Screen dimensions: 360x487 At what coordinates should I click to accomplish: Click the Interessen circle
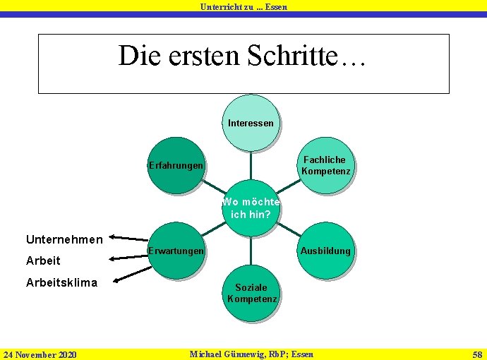(x=251, y=123)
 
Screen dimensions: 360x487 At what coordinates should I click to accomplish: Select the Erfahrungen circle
(x=176, y=165)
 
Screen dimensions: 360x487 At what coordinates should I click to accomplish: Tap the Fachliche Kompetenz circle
(x=325, y=165)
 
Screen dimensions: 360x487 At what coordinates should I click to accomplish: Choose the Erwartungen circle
(x=176, y=251)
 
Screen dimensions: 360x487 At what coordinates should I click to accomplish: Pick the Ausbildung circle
(x=325, y=251)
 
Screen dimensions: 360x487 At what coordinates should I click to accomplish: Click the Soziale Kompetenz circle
(x=251, y=293)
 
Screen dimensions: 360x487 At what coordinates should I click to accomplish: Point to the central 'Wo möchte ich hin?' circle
(x=251, y=208)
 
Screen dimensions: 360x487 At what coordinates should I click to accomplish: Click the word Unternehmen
(x=64, y=239)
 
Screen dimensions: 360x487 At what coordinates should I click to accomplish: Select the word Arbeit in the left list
(x=43, y=260)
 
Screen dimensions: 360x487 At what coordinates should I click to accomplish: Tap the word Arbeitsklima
(x=61, y=282)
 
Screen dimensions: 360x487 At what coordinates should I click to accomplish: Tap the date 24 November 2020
(x=40, y=354)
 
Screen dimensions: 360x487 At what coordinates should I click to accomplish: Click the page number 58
(x=477, y=353)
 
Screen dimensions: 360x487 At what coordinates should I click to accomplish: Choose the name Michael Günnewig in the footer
(x=228, y=353)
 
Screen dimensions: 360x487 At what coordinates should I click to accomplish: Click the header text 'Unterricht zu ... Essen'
(x=243, y=6)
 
